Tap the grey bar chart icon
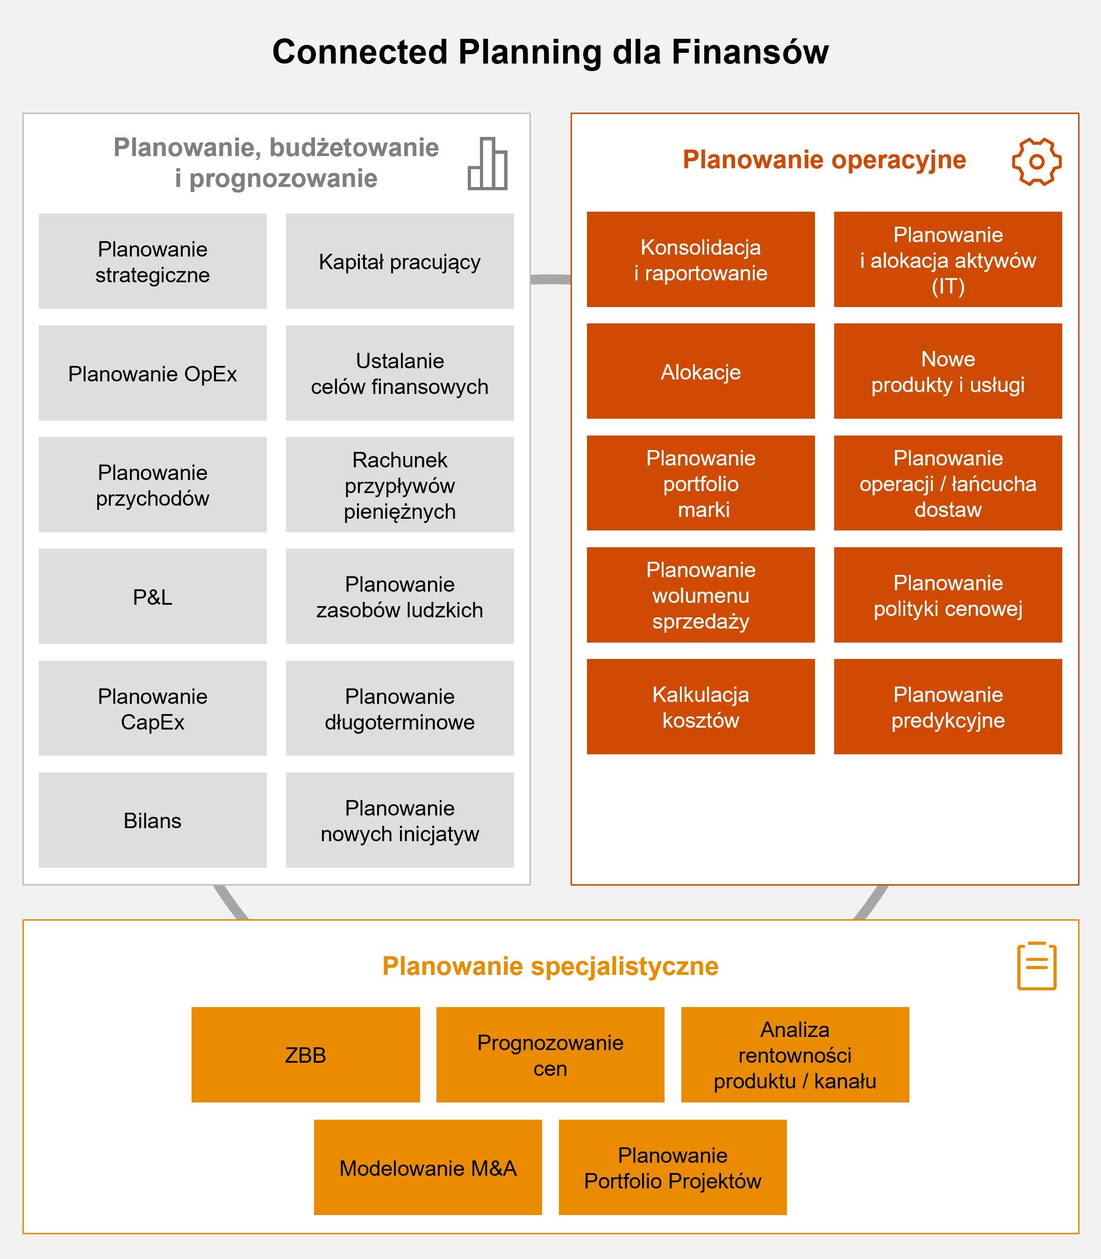pyautogui.click(x=488, y=164)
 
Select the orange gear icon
pyautogui.click(x=1037, y=162)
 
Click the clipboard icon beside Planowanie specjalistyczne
pyautogui.click(x=1037, y=966)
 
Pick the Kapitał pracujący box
pyautogui.click(x=400, y=262)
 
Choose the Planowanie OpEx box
pyautogui.click(x=152, y=373)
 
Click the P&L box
pyautogui.click(x=152, y=597)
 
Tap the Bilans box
pyautogui.click(x=152, y=820)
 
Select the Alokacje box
pyautogui.click(x=701, y=371)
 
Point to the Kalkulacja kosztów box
pyautogui.click(x=701, y=707)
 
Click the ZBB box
pyautogui.click(x=305, y=1055)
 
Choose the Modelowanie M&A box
pyautogui.click(x=428, y=1167)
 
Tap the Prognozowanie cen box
pyautogui.click(x=550, y=1055)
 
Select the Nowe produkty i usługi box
pyautogui.click(x=947, y=371)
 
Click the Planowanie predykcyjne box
pyautogui.click(x=947, y=707)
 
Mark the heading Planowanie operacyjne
pyautogui.click(x=824, y=160)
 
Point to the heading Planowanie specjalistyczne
pyautogui.click(x=550, y=966)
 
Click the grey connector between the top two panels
pyautogui.click(x=550, y=279)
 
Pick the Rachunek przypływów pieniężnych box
pyautogui.click(x=400, y=485)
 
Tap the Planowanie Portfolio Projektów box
pyautogui.click(x=672, y=1167)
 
